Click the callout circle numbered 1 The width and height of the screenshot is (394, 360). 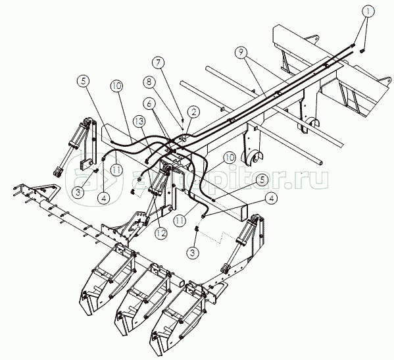tap(368, 11)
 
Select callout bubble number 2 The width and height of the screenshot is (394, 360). tap(193, 113)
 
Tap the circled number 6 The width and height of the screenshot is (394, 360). tap(149, 103)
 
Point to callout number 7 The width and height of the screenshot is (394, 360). tap(159, 63)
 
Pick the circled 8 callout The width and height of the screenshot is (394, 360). tap(149, 82)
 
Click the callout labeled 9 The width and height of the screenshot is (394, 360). tap(241, 52)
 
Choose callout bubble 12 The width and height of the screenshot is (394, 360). tap(160, 233)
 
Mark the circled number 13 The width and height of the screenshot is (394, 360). tap(139, 121)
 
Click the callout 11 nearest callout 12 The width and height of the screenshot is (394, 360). tap(180, 221)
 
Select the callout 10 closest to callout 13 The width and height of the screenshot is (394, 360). tap(116, 86)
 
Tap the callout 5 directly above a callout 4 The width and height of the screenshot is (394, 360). tap(262, 180)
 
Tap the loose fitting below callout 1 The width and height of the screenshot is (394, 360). tap(362, 51)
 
